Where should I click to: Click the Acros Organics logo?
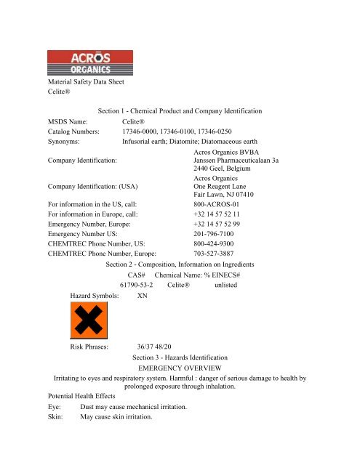pos(89,62)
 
